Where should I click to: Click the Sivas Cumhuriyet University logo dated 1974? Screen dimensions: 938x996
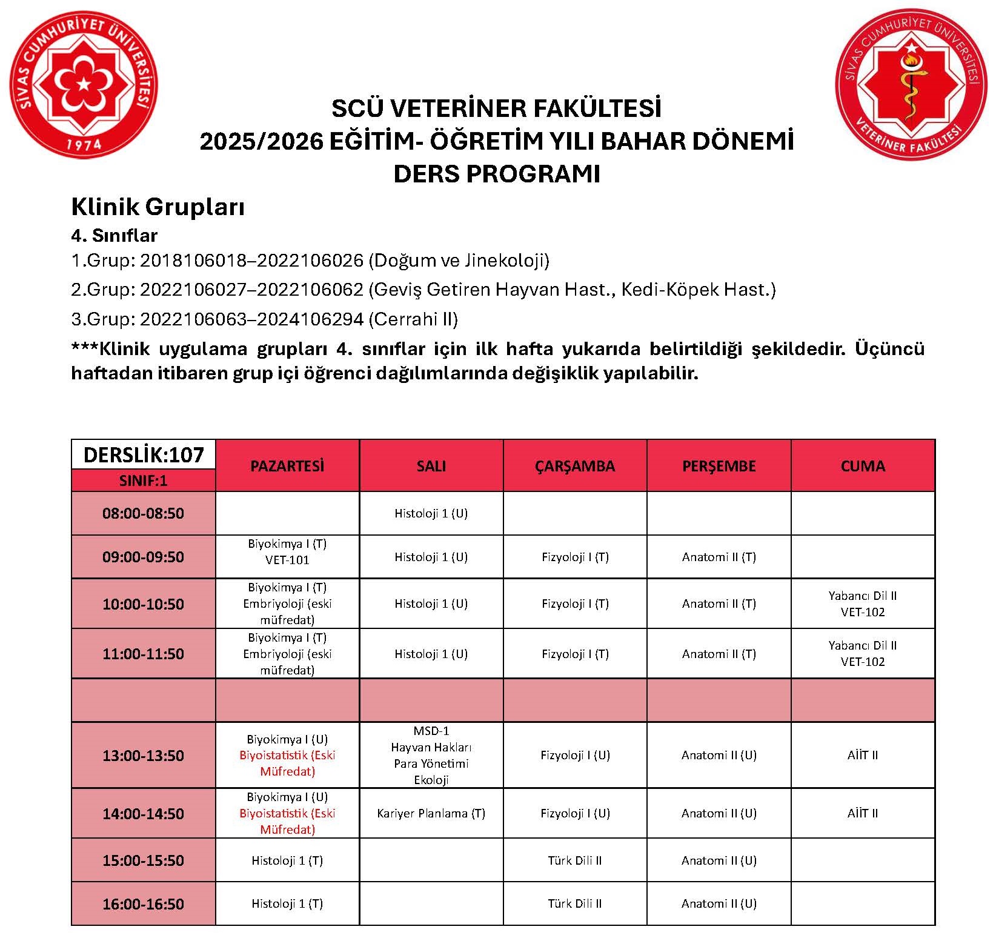tap(84, 84)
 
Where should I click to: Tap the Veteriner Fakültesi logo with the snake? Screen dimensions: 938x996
tap(911, 84)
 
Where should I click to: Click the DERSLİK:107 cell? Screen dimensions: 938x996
tap(144, 454)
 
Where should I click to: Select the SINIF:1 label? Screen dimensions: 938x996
tap(144, 481)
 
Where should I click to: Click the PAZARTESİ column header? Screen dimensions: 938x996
tap(287, 466)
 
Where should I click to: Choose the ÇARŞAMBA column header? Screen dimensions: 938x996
tap(574, 466)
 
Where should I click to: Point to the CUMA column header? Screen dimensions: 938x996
tap(863, 466)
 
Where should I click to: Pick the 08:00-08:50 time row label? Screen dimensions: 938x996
tap(144, 513)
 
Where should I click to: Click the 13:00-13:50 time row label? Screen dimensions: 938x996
tap(144, 756)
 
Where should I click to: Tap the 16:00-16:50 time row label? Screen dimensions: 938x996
tap(144, 904)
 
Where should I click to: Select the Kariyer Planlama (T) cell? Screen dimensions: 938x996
tap(431, 813)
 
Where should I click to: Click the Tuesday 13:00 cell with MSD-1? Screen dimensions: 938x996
tap(431, 755)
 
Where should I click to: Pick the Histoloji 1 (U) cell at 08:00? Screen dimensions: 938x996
tap(431, 513)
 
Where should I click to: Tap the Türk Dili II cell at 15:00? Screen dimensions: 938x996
tap(574, 860)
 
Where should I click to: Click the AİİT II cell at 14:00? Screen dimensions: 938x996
tap(863, 813)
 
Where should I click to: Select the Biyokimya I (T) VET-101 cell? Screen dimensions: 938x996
tap(287, 551)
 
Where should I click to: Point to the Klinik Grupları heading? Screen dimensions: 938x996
tap(158, 207)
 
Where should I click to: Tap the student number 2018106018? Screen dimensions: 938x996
tap(193, 261)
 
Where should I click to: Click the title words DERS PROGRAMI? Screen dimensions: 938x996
tap(497, 174)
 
